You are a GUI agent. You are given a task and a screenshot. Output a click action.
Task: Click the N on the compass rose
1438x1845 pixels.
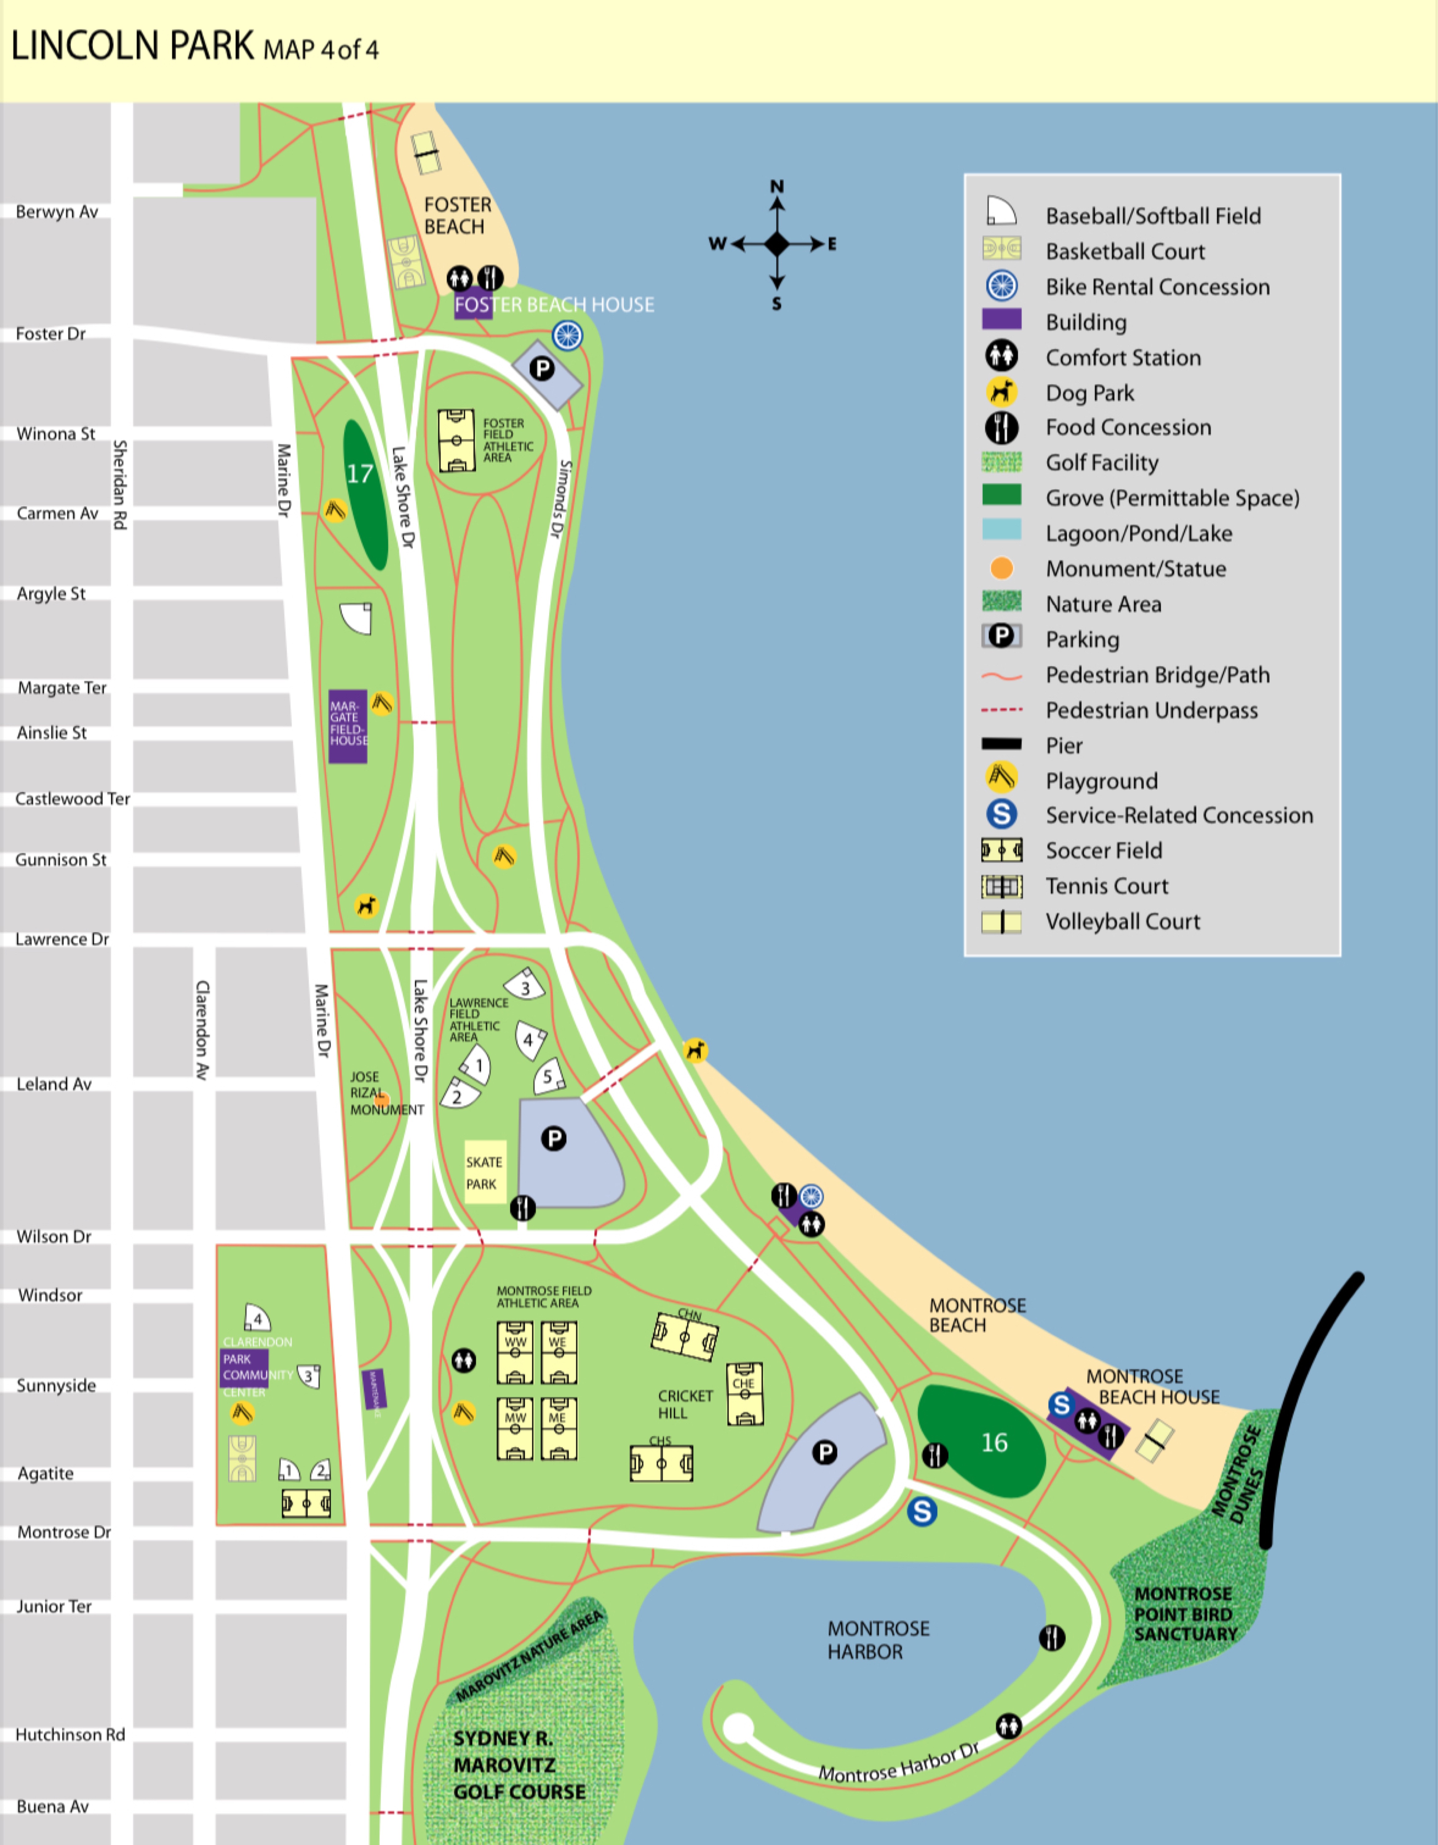pos(776,186)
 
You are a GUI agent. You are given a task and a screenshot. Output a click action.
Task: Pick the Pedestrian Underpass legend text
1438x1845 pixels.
pos(1151,710)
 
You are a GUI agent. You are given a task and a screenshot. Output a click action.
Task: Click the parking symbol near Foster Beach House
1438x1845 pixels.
pos(542,368)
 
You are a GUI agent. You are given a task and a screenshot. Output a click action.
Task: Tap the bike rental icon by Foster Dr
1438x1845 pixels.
pos(567,335)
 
